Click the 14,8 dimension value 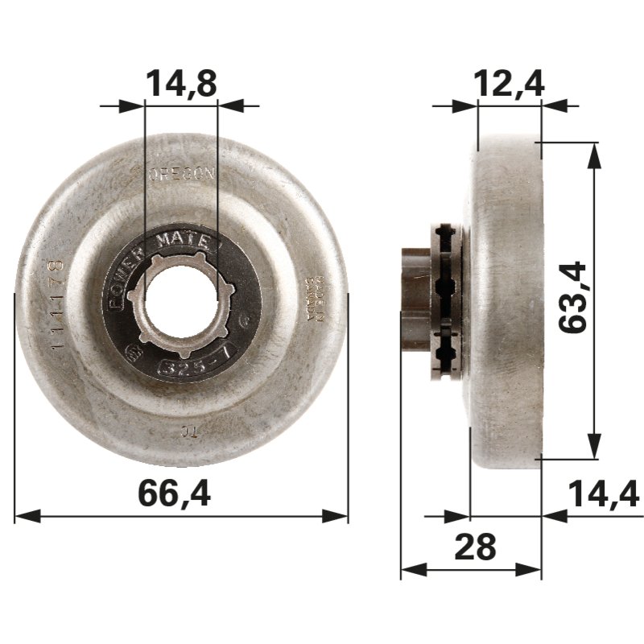click(181, 83)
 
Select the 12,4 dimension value click(510, 83)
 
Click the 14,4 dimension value click(603, 493)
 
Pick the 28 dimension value click(474, 547)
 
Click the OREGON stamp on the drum click(181, 173)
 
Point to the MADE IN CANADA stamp click(316, 300)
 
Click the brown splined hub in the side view click(414, 299)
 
